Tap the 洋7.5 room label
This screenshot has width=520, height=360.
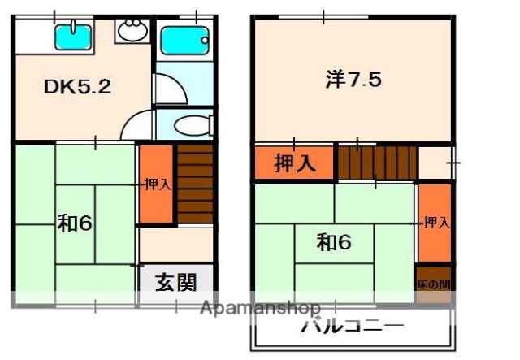353,79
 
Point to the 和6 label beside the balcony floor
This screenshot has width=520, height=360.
334,242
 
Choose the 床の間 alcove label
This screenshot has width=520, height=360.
432,284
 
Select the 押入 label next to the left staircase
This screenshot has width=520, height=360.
157,184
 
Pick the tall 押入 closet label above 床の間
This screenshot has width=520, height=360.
435,222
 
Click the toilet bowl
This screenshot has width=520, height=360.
190,125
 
